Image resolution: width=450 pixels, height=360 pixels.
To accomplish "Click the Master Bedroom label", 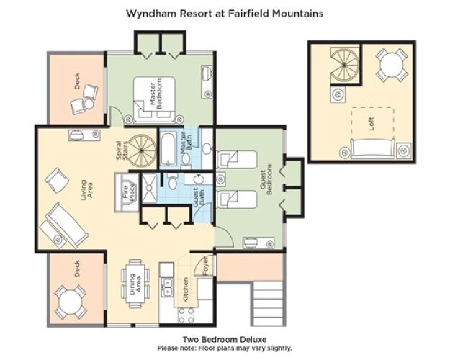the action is [156, 94].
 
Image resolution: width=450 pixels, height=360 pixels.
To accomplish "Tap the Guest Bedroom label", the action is [266, 179].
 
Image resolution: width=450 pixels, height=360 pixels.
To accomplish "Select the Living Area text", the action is [86, 190].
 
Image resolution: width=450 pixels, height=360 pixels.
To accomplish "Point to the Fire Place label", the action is [129, 192].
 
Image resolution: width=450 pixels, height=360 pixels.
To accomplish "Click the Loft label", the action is [371, 124].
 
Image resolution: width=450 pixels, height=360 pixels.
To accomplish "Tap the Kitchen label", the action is [185, 289].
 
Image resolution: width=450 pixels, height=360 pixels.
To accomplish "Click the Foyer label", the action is [205, 266].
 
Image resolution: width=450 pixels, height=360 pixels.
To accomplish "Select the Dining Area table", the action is [135, 284].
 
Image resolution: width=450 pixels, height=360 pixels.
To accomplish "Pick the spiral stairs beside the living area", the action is [142, 150].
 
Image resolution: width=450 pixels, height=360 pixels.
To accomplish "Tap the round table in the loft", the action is [392, 66].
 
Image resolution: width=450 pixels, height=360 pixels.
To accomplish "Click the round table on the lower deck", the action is [71, 302].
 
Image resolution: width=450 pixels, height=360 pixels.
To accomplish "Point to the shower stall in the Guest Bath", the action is [149, 188].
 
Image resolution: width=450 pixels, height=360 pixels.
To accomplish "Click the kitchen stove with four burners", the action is [186, 315].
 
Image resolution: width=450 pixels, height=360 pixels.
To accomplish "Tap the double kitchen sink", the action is [167, 287].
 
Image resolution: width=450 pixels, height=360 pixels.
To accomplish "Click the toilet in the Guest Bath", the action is [173, 181].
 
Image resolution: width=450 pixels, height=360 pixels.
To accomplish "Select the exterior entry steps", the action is [268, 303].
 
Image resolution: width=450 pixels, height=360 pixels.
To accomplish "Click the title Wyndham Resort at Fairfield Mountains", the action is [225, 14].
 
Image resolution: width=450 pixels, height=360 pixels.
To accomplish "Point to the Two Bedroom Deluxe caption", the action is [225, 340].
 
